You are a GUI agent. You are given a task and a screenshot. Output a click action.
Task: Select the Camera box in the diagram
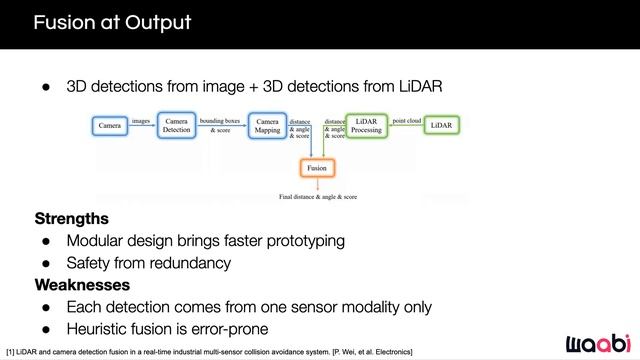110,126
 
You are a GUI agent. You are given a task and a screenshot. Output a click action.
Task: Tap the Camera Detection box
177,126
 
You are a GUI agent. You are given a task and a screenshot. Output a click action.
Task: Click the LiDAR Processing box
366,126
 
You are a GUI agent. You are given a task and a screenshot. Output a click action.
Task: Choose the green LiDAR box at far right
441,126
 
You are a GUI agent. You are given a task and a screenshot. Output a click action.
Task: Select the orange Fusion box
316,168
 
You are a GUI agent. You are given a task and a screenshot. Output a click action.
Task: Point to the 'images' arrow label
141,121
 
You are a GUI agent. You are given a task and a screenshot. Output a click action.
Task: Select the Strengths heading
72,218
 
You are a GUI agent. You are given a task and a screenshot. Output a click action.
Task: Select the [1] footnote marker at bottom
9,353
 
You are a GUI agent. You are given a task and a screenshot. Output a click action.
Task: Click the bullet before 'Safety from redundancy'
46,264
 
